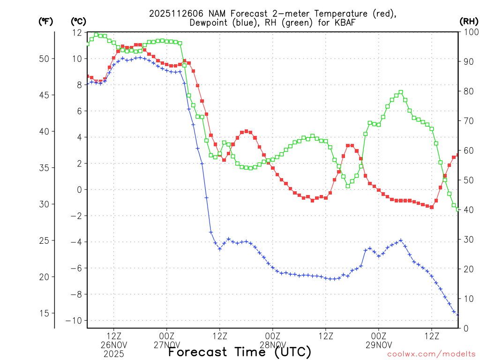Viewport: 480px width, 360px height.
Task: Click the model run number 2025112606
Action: pyautogui.click(x=174, y=14)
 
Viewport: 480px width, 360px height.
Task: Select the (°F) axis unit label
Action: pyautogui.click(x=45, y=21)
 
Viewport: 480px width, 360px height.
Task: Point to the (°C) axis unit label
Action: pyautogui.click(x=78, y=21)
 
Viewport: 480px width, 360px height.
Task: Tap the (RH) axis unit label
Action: pyautogui.click(x=469, y=21)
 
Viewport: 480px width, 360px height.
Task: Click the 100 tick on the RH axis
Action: pyautogui.click(x=469, y=32)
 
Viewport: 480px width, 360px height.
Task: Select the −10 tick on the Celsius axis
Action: pyautogui.click(x=75, y=321)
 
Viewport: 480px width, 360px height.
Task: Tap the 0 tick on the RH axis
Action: pyautogui.click(x=465, y=329)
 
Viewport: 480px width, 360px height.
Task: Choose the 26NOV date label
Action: pyautogui.click(x=114, y=345)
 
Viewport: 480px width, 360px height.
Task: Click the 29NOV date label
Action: pyautogui.click(x=379, y=345)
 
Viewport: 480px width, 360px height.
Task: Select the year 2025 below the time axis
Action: pyautogui.click(x=114, y=354)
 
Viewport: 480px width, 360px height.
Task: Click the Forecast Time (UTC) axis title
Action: pyautogui.click(x=240, y=352)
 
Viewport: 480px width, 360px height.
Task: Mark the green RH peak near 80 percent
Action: pyautogui.click(x=401, y=92)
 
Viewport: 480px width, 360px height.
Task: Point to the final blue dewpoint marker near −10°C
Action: pyautogui.click(x=458, y=315)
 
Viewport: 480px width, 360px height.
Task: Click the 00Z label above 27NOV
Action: pyautogui.click(x=167, y=336)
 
